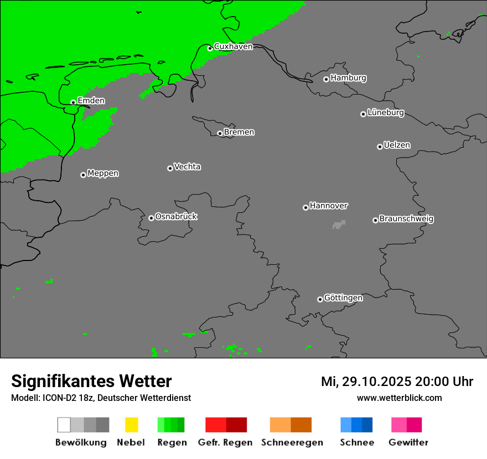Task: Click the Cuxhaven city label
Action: click(x=233, y=46)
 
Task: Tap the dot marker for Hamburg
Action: click(x=326, y=79)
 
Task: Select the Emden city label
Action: click(x=91, y=101)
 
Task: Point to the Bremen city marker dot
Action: click(x=220, y=133)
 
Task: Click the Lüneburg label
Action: click(x=386, y=113)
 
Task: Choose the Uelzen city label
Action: click(x=397, y=145)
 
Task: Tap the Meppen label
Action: click(x=103, y=173)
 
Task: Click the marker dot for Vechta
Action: click(x=170, y=168)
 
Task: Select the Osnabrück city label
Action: click(x=176, y=216)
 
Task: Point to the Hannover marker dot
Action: click(x=305, y=207)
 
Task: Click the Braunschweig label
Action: click(x=406, y=218)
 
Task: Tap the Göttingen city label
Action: click(x=343, y=298)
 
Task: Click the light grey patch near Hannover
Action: click(x=338, y=225)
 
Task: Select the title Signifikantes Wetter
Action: click(x=91, y=381)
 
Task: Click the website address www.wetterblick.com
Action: click(x=399, y=398)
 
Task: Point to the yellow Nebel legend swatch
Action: click(x=131, y=425)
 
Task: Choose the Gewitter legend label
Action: click(x=408, y=442)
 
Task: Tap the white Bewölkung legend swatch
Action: click(x=64, y=425)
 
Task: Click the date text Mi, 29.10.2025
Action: click(x=366, y=382)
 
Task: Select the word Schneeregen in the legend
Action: click(x=292, y=442)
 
